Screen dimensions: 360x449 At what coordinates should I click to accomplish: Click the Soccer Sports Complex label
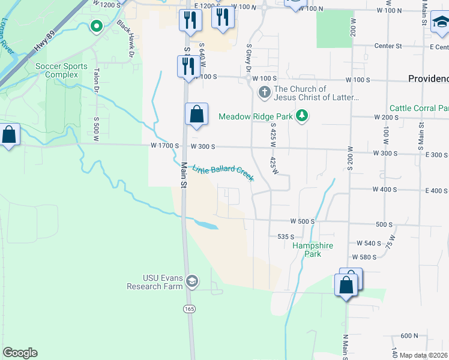61,70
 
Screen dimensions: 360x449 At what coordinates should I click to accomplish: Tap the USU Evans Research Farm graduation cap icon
192,281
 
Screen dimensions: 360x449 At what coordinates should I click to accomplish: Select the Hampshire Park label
313,250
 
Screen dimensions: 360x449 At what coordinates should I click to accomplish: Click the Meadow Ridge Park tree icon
304,116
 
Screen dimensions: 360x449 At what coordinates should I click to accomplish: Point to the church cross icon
264,93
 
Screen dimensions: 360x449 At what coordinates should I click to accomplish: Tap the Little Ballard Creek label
223,173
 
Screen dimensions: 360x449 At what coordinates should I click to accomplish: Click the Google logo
20,353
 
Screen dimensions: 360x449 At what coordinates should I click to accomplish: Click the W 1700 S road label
164,146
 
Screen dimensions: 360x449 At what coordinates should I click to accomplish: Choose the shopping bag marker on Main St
196,114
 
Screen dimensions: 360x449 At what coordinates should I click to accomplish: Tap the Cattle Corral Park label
418,108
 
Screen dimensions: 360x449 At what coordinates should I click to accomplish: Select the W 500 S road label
302,221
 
